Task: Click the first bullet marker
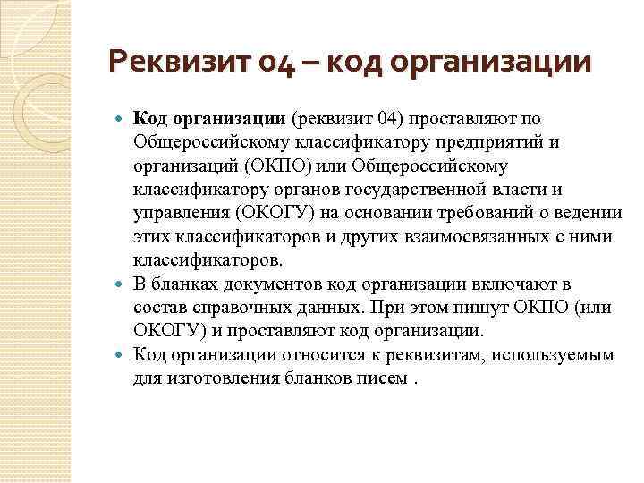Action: [123, 119]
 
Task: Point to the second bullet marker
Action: [123, 284]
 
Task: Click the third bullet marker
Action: [123, 354]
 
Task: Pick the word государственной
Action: [469, 190]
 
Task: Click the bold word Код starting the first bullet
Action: [148, 119]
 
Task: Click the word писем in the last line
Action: [390, 377]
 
